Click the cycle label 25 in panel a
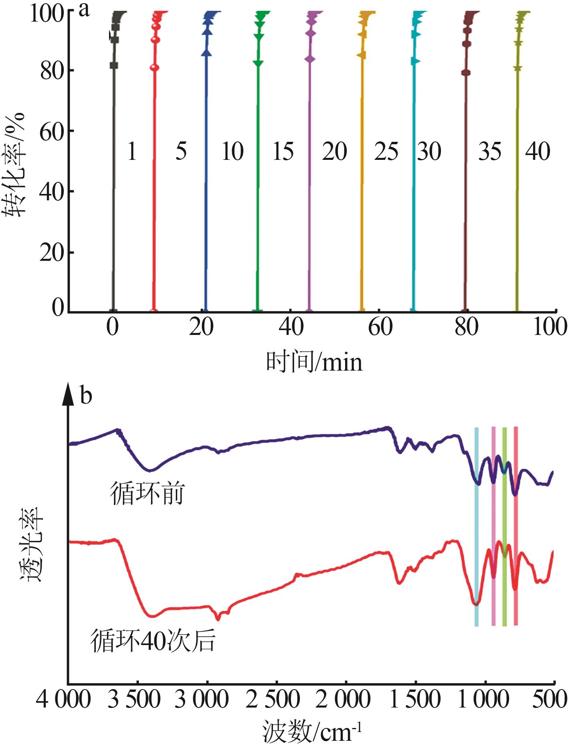click(386, 152)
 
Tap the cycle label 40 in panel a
click(538, 151)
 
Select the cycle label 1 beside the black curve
click(132, 152)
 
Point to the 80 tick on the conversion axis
click(52, 71)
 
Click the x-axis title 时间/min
click(314, 362)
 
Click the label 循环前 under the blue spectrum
click(147, 494)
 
